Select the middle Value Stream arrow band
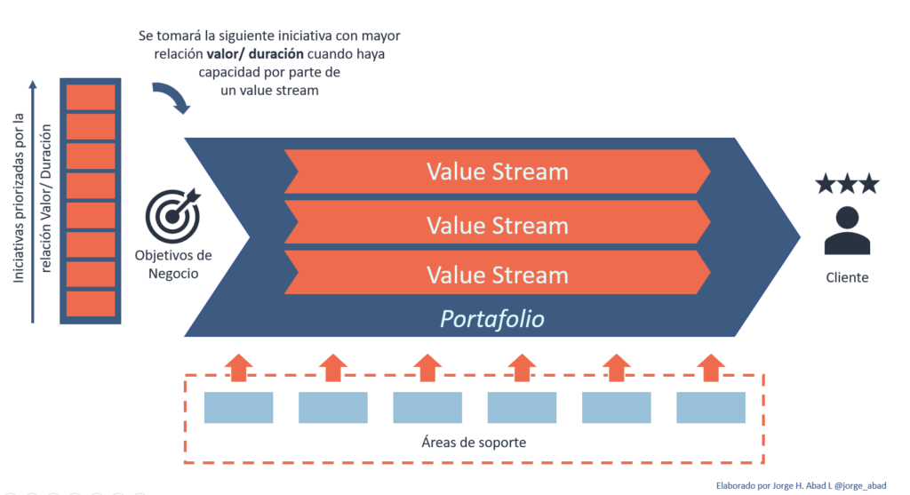pyautogui.click(x=497, y=225)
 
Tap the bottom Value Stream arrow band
pyautogui.click(x=497, y=274)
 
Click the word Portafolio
pyautogui.click(x=492, y=318)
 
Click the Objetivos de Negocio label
pyautogui.click(x=172, y=264)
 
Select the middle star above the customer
pyautogui.click(x=847, y=184)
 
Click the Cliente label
pyautogui.click(x=846, y=277)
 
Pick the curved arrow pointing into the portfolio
pyautogui.click(x=171, y=98)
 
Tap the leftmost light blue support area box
pyautogui.click(x=238, y=407)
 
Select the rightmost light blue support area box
pyautogui.click(x=710, y=407)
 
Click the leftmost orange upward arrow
pyautogui.click(x=238, y=367)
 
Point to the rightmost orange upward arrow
pyautogui.click(x=710, y=367)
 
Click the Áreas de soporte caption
pyautogui.click(x=473, y=442)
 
